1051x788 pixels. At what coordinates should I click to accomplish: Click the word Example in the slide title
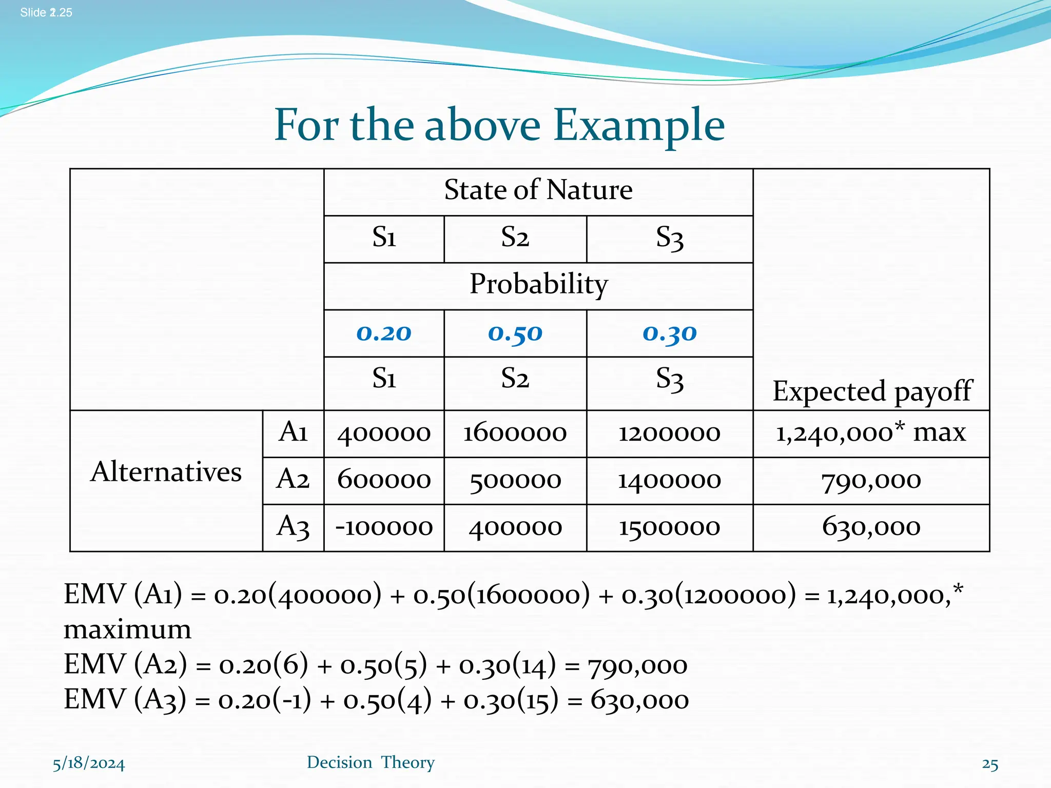(639, 126)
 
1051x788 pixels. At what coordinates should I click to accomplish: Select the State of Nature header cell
(538, 190)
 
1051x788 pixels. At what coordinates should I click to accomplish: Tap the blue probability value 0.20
(384, 333)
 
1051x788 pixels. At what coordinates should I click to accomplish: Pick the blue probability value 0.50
(515, 333)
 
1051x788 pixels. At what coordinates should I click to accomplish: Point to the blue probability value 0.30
(670, 333)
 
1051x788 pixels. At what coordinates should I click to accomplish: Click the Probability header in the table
(538, 284)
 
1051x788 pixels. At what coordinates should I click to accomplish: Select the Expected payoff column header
(871, 391)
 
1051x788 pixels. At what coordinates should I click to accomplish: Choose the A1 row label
(293, 432)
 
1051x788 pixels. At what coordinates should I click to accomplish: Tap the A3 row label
(293, 527)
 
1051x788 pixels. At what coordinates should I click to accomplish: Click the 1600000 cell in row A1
(515, 434)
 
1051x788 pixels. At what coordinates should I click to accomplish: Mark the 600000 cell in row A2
(384, 481)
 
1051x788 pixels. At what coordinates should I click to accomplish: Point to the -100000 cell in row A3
(384, 528)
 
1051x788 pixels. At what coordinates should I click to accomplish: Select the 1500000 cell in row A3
(670, 528)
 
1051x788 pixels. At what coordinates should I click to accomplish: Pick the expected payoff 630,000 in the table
(871, 527)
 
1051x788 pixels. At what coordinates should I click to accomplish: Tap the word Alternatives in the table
(166, 472)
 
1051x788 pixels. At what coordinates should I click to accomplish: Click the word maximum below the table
(127, 629)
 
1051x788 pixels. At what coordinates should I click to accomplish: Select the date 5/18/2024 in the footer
(89, 764)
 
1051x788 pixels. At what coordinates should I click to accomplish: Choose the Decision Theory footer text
(371, 763)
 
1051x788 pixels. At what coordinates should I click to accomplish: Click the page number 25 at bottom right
(990, 765)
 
